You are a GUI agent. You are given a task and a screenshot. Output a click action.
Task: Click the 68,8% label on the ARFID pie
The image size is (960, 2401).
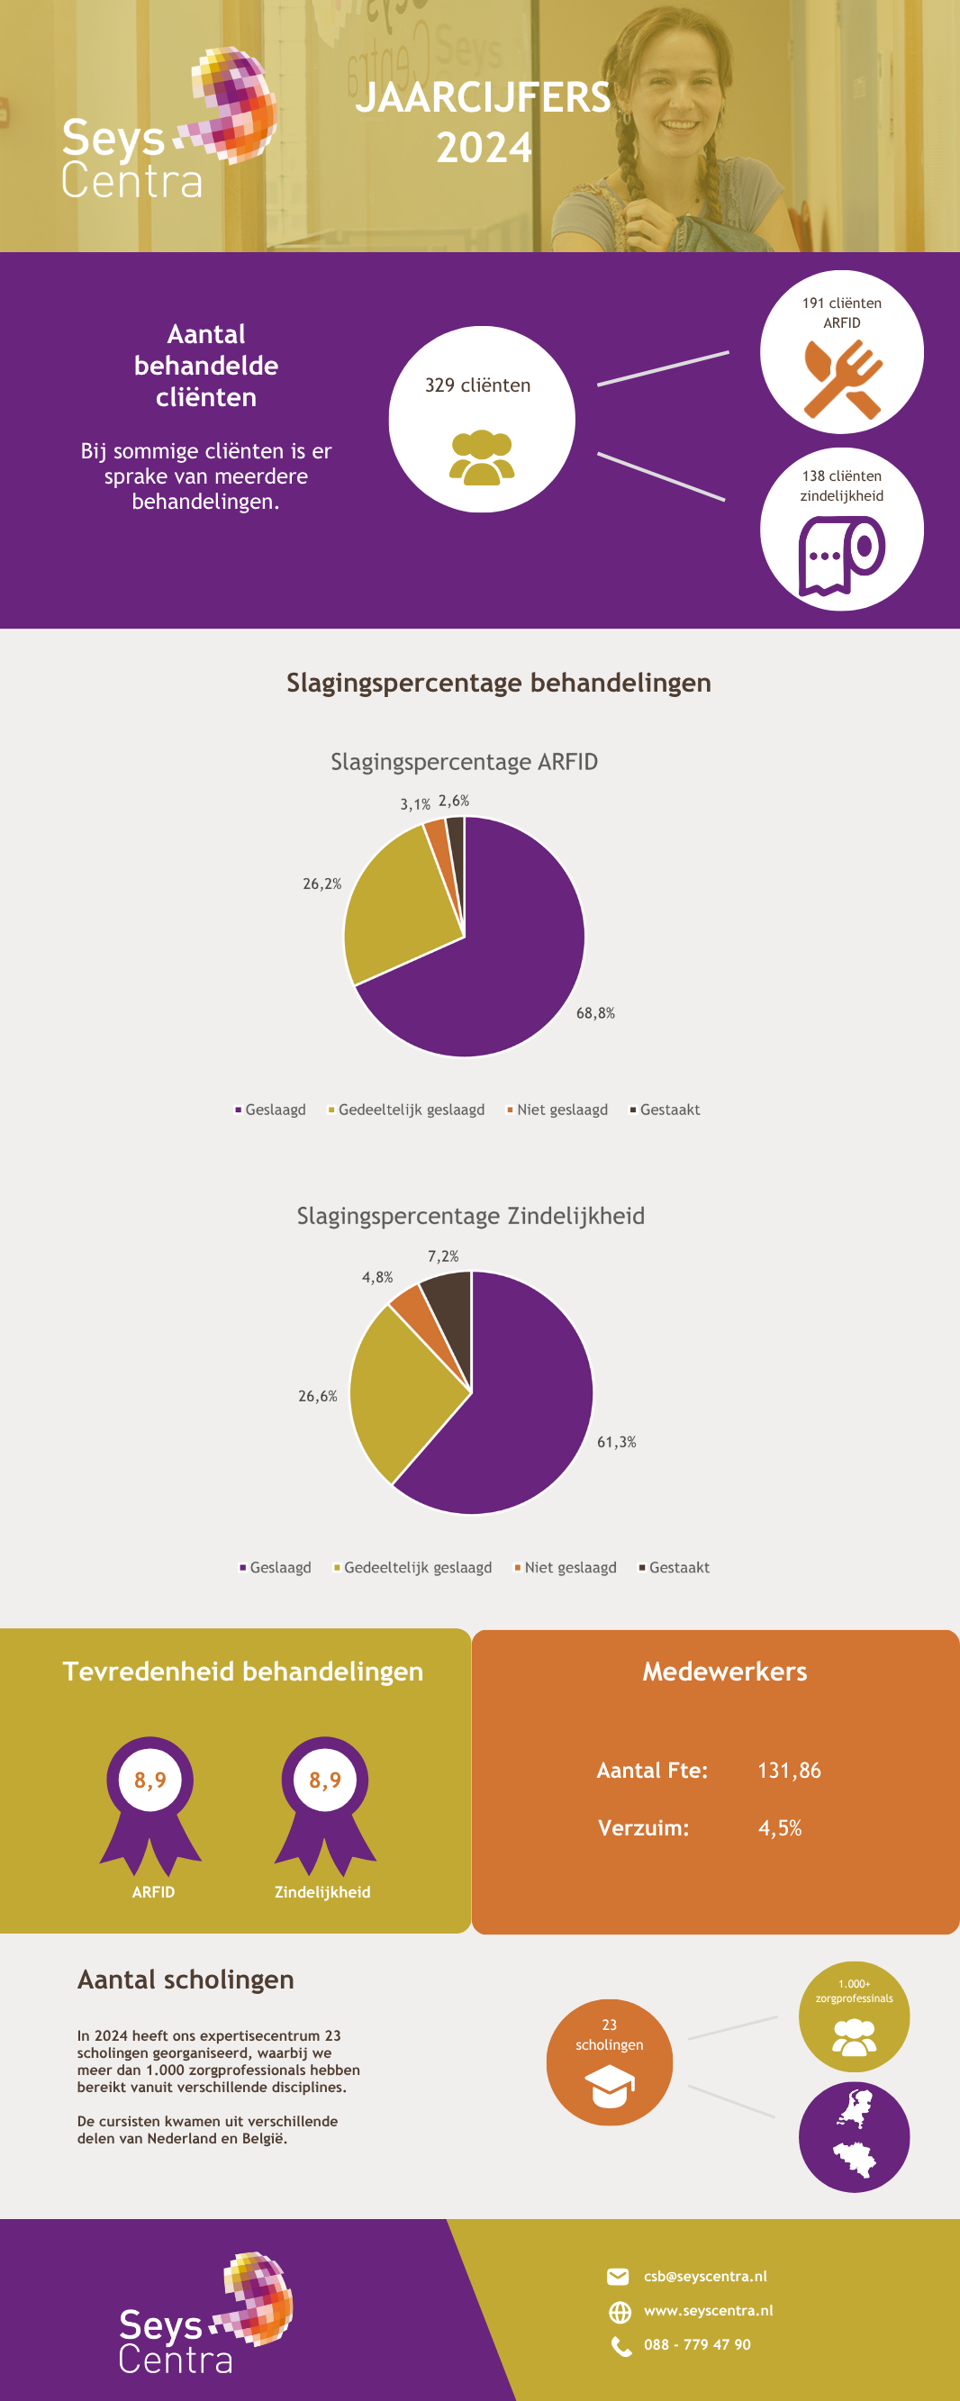tap(594, 1013)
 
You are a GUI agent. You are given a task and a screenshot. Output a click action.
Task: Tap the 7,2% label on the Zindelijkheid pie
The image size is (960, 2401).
tap(443, 1256)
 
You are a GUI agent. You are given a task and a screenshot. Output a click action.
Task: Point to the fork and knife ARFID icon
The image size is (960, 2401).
tap(843, 378)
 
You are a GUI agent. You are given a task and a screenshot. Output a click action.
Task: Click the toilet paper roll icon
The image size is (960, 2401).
tap(842, 556)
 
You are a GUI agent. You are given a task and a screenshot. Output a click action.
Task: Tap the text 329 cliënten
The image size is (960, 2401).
tap(477, 385)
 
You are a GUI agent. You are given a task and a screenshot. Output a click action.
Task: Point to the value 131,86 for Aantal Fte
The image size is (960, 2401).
tap(789, 1770)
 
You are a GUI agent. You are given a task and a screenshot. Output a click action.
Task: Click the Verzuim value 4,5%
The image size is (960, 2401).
tap(779, 1828)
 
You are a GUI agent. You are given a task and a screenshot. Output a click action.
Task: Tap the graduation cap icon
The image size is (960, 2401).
tap(609, 2085)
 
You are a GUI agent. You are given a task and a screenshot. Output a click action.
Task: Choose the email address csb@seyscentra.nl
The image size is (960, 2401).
tap(704, 2276)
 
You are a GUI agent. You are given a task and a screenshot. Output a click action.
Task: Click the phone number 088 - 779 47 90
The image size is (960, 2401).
tap(696, 2344)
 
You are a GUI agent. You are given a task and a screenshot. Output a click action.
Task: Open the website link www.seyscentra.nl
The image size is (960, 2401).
tap(708, 2311)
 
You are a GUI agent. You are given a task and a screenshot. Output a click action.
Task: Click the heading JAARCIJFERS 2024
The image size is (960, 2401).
tap(483, 122)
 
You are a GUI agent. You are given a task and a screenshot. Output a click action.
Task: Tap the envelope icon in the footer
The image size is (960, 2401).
tap(618, 2277)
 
